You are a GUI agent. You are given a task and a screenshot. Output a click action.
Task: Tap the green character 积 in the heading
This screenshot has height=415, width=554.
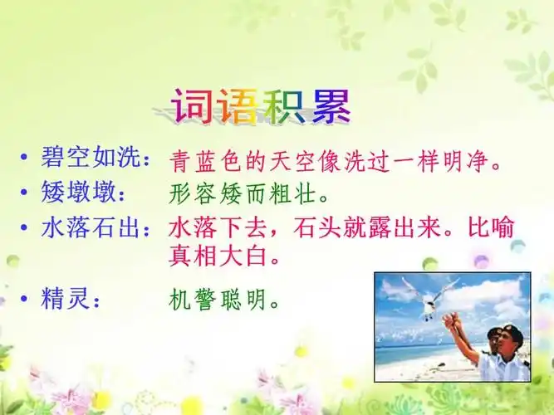click(285, 106)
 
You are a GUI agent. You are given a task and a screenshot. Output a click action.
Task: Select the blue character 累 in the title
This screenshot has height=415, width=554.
click(331, 106)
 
